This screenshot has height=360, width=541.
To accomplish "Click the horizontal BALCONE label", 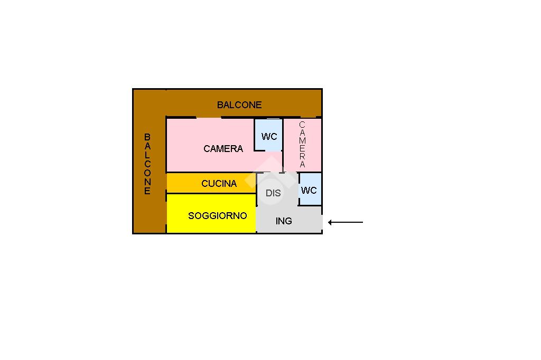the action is click(239, 105).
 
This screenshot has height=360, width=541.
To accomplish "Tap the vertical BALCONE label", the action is click(147, 164).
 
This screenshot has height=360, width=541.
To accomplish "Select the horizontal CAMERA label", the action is click(223, 149).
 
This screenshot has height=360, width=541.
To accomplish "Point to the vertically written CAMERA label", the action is click(302, 145).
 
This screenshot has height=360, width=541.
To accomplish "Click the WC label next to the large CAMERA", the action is click(269, 137).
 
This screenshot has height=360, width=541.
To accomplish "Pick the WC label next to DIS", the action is click(309, 191).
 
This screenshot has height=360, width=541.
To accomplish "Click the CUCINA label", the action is click(219, 184).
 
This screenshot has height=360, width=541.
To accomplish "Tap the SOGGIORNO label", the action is click(217, 216).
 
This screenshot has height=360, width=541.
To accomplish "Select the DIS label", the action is click(273, 193).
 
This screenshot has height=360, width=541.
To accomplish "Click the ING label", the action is click(284, 221).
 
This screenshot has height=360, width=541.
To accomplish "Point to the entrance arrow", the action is click(346, 222).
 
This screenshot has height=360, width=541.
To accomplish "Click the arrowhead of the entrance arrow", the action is click(330, 222).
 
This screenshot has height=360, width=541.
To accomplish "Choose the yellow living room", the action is click(211, 213).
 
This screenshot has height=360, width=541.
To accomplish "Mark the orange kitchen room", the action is click(211, 183).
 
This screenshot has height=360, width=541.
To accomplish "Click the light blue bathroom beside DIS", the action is click(310, 189).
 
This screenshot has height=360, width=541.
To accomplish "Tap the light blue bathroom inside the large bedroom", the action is click(269, 135).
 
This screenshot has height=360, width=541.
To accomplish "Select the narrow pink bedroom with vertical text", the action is click(303, 145).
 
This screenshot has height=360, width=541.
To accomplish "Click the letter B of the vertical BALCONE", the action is click(147, 137).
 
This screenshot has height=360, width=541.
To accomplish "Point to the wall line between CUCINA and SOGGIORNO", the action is click(211, 193).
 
